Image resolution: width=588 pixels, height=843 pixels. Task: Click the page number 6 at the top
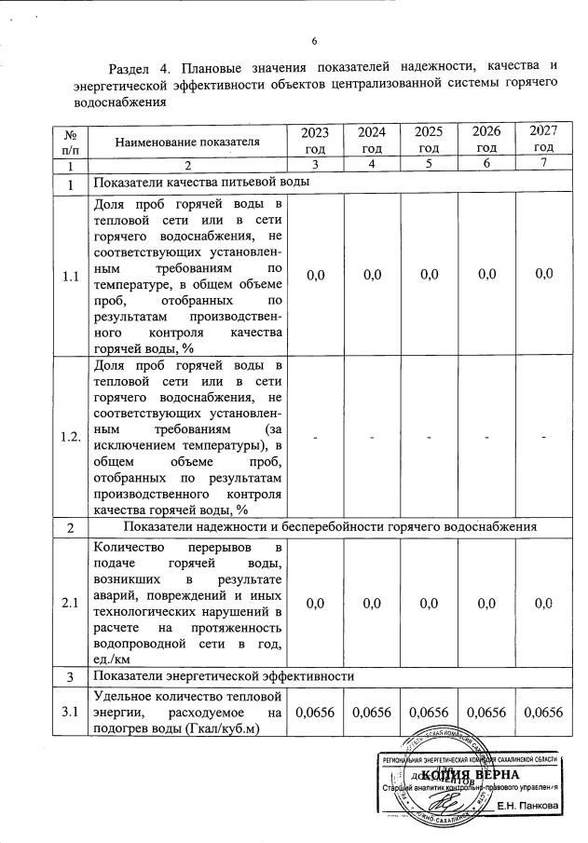[x=314, y=41]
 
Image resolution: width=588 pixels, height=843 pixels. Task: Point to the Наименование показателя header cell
[x=186, y=141]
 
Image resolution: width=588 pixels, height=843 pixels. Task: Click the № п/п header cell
[x=70, y=141]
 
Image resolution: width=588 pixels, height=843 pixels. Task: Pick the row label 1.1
[x=70, y=276]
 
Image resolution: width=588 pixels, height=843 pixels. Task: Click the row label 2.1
[x=70, y=604]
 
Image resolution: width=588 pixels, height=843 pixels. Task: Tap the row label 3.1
[x=70, y=713]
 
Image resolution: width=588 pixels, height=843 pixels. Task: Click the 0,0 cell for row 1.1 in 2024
[x=373, y=275]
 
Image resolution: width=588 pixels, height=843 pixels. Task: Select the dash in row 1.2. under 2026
[x=485, y=437]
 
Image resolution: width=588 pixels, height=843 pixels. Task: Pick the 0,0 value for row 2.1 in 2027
[x=544, y=604]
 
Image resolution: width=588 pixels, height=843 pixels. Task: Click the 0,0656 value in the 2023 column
[x=315, y=713]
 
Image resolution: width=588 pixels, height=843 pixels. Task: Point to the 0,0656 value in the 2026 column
[x=485, y=713]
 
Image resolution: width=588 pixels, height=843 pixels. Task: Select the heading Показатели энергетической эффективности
[x=215, y=675]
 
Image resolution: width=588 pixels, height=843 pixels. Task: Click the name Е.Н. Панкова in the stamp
[x=527, y=805]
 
